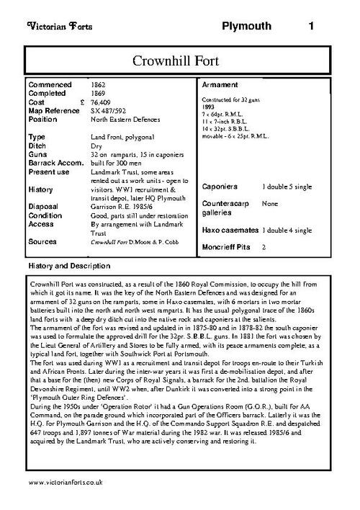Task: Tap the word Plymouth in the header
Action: pos(247,27)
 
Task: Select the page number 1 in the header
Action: pos(311,27)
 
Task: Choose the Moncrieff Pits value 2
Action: pos(264,246)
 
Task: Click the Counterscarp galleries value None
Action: pos(271,205)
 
